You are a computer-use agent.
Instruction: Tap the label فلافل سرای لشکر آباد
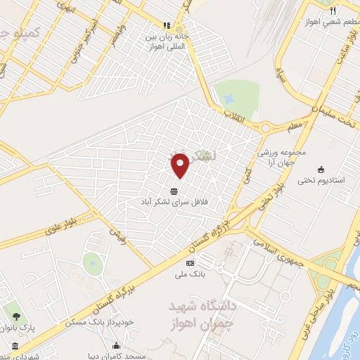(174, 201)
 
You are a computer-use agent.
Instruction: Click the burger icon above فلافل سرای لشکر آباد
(174, 191)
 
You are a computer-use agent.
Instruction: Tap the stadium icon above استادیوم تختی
(321, 169)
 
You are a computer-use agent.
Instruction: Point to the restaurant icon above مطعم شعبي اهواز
(333, 11)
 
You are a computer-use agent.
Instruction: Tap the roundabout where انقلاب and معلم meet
(266, 128)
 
